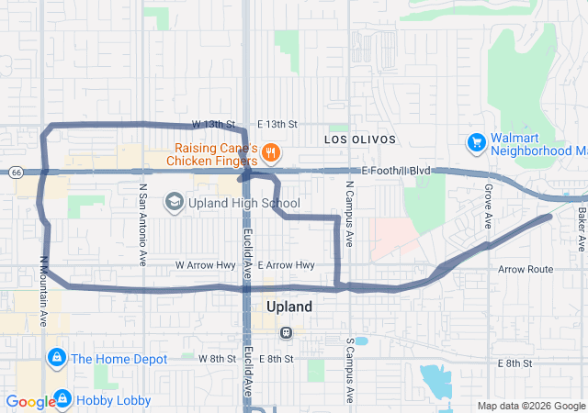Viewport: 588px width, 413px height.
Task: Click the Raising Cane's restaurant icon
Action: tap(270, 151)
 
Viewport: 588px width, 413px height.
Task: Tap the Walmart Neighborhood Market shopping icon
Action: tap(476, 143)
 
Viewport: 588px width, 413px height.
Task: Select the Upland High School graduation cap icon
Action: tap(174, 202)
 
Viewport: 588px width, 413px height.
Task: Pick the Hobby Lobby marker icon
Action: tap(62, 399)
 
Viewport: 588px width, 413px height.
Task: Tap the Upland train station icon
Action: tap(287, 331)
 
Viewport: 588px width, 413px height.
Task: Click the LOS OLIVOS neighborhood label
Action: tap(360, 140)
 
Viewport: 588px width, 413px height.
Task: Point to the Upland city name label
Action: tap(288, 307)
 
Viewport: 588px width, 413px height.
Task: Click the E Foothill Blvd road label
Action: tap(396, 171)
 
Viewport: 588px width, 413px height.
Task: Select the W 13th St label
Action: tap(214, 124)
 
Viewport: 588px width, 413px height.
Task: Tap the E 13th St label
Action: tap(277, 124)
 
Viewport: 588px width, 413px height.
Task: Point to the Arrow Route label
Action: tap(526, 270)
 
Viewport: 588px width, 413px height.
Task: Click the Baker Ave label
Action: tap(582, 229)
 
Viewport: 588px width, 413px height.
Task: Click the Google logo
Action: tap(29, 402)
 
